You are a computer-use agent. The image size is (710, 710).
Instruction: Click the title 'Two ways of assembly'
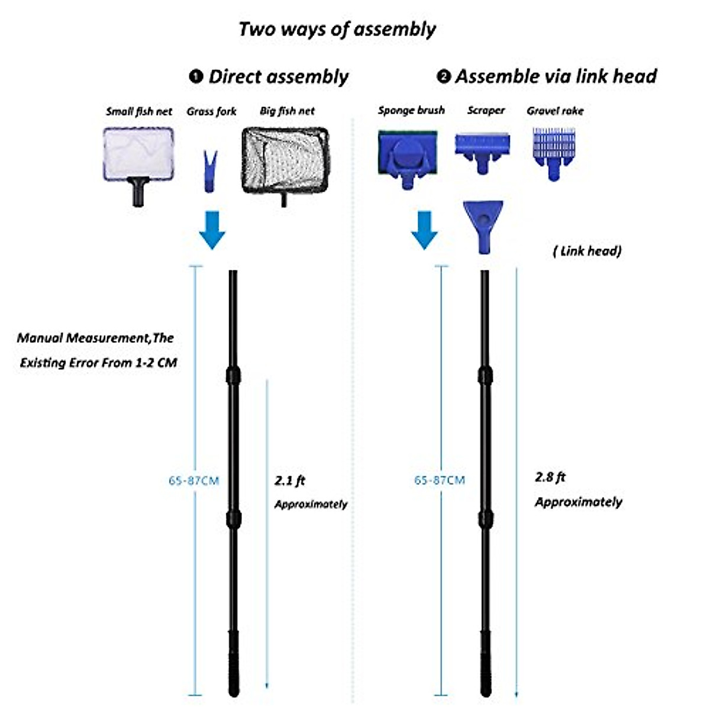[337, 29]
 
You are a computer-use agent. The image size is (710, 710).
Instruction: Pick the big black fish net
[285, 161]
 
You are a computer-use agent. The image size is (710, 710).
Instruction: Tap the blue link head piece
[483, 225]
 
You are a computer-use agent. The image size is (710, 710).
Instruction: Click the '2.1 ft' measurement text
[290, 480]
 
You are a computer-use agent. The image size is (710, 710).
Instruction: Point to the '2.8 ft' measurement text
[550, 477]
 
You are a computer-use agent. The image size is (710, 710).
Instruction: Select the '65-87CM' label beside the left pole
[193, 480]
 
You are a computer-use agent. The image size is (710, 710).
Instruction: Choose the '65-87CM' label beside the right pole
[440, 480]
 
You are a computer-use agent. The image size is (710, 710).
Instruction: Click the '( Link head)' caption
[587, 251]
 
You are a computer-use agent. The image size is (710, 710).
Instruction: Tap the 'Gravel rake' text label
[555, 111]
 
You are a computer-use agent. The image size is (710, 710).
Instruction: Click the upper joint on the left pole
[234, 375]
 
